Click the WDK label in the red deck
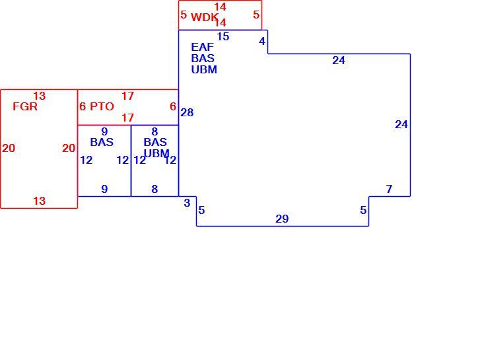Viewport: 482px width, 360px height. [205, 17]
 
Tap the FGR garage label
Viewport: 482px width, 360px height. [25, 106]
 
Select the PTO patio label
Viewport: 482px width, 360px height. [102, 106]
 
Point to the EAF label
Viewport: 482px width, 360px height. [202, 47]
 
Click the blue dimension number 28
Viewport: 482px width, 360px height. [187, 112]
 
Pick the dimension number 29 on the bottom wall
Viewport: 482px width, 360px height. [282, 219]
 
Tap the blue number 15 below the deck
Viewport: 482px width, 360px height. [223, 36]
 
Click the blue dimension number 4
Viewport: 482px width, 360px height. [262, 41]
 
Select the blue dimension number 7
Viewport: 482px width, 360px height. [389, 188]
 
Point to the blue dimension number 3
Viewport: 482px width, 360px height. [187, 203]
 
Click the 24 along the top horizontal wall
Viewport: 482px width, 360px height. [339, 60]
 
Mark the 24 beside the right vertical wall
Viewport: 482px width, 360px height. [401, 124]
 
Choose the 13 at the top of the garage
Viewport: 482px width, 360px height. [40, 96]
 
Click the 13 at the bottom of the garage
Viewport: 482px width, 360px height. [40, 201]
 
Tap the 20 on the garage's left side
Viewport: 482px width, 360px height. [9, 148]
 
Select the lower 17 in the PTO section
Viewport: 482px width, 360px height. [127, 118]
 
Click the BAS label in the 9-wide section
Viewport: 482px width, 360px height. [102, 142]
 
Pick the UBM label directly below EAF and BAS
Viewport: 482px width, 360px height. [204, 69]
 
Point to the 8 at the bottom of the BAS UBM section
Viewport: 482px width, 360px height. [155, 189]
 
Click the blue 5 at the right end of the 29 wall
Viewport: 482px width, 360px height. [363, 210]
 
